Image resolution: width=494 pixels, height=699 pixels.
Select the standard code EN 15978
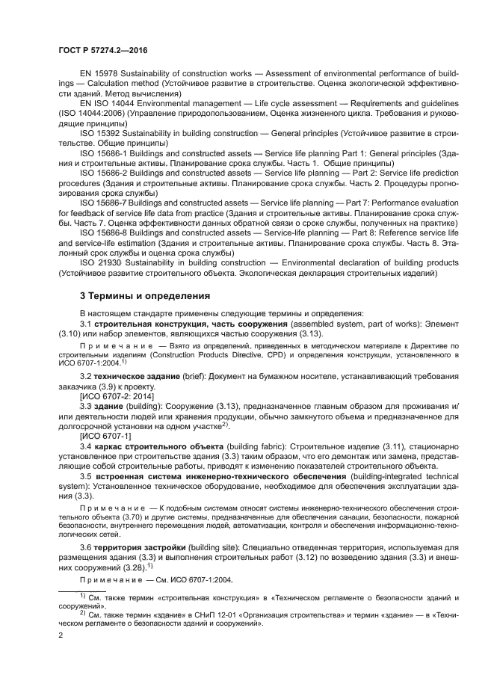pos(98,73)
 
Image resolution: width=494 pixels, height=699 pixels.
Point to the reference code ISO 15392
pos(99,132)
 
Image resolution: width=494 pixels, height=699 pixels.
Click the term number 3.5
pos(87,475)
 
